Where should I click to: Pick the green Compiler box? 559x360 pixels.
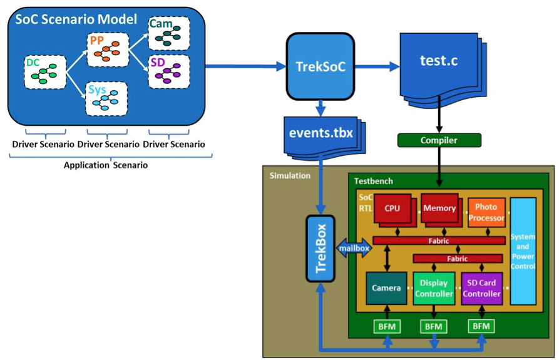coord(439,140)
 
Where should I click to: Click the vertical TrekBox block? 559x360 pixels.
coord(321,248)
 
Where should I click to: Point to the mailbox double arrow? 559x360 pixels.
coord(354,248)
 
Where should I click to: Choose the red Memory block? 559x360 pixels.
coord(439,208)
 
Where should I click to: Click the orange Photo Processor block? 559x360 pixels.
coord(486,213)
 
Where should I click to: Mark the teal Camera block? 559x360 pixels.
coord(386,288)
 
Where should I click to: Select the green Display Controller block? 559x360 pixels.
coord(434,288)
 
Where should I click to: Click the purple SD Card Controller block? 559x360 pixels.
coord(481,288)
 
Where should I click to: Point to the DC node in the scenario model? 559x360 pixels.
coord(44,71)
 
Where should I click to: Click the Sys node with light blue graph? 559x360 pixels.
coord(106,98)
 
